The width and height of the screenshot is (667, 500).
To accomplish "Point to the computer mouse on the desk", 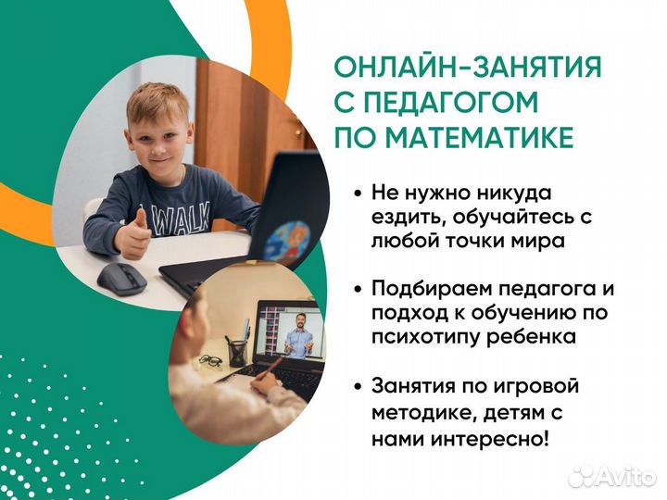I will coord(120,277).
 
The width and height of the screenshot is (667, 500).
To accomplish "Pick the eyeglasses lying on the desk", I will coord(212,360).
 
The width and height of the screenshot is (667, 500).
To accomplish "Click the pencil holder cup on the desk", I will coord(239,351).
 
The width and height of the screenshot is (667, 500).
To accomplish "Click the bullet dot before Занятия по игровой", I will coord(358,385).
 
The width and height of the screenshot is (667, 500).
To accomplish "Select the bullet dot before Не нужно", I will coord(358,194).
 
